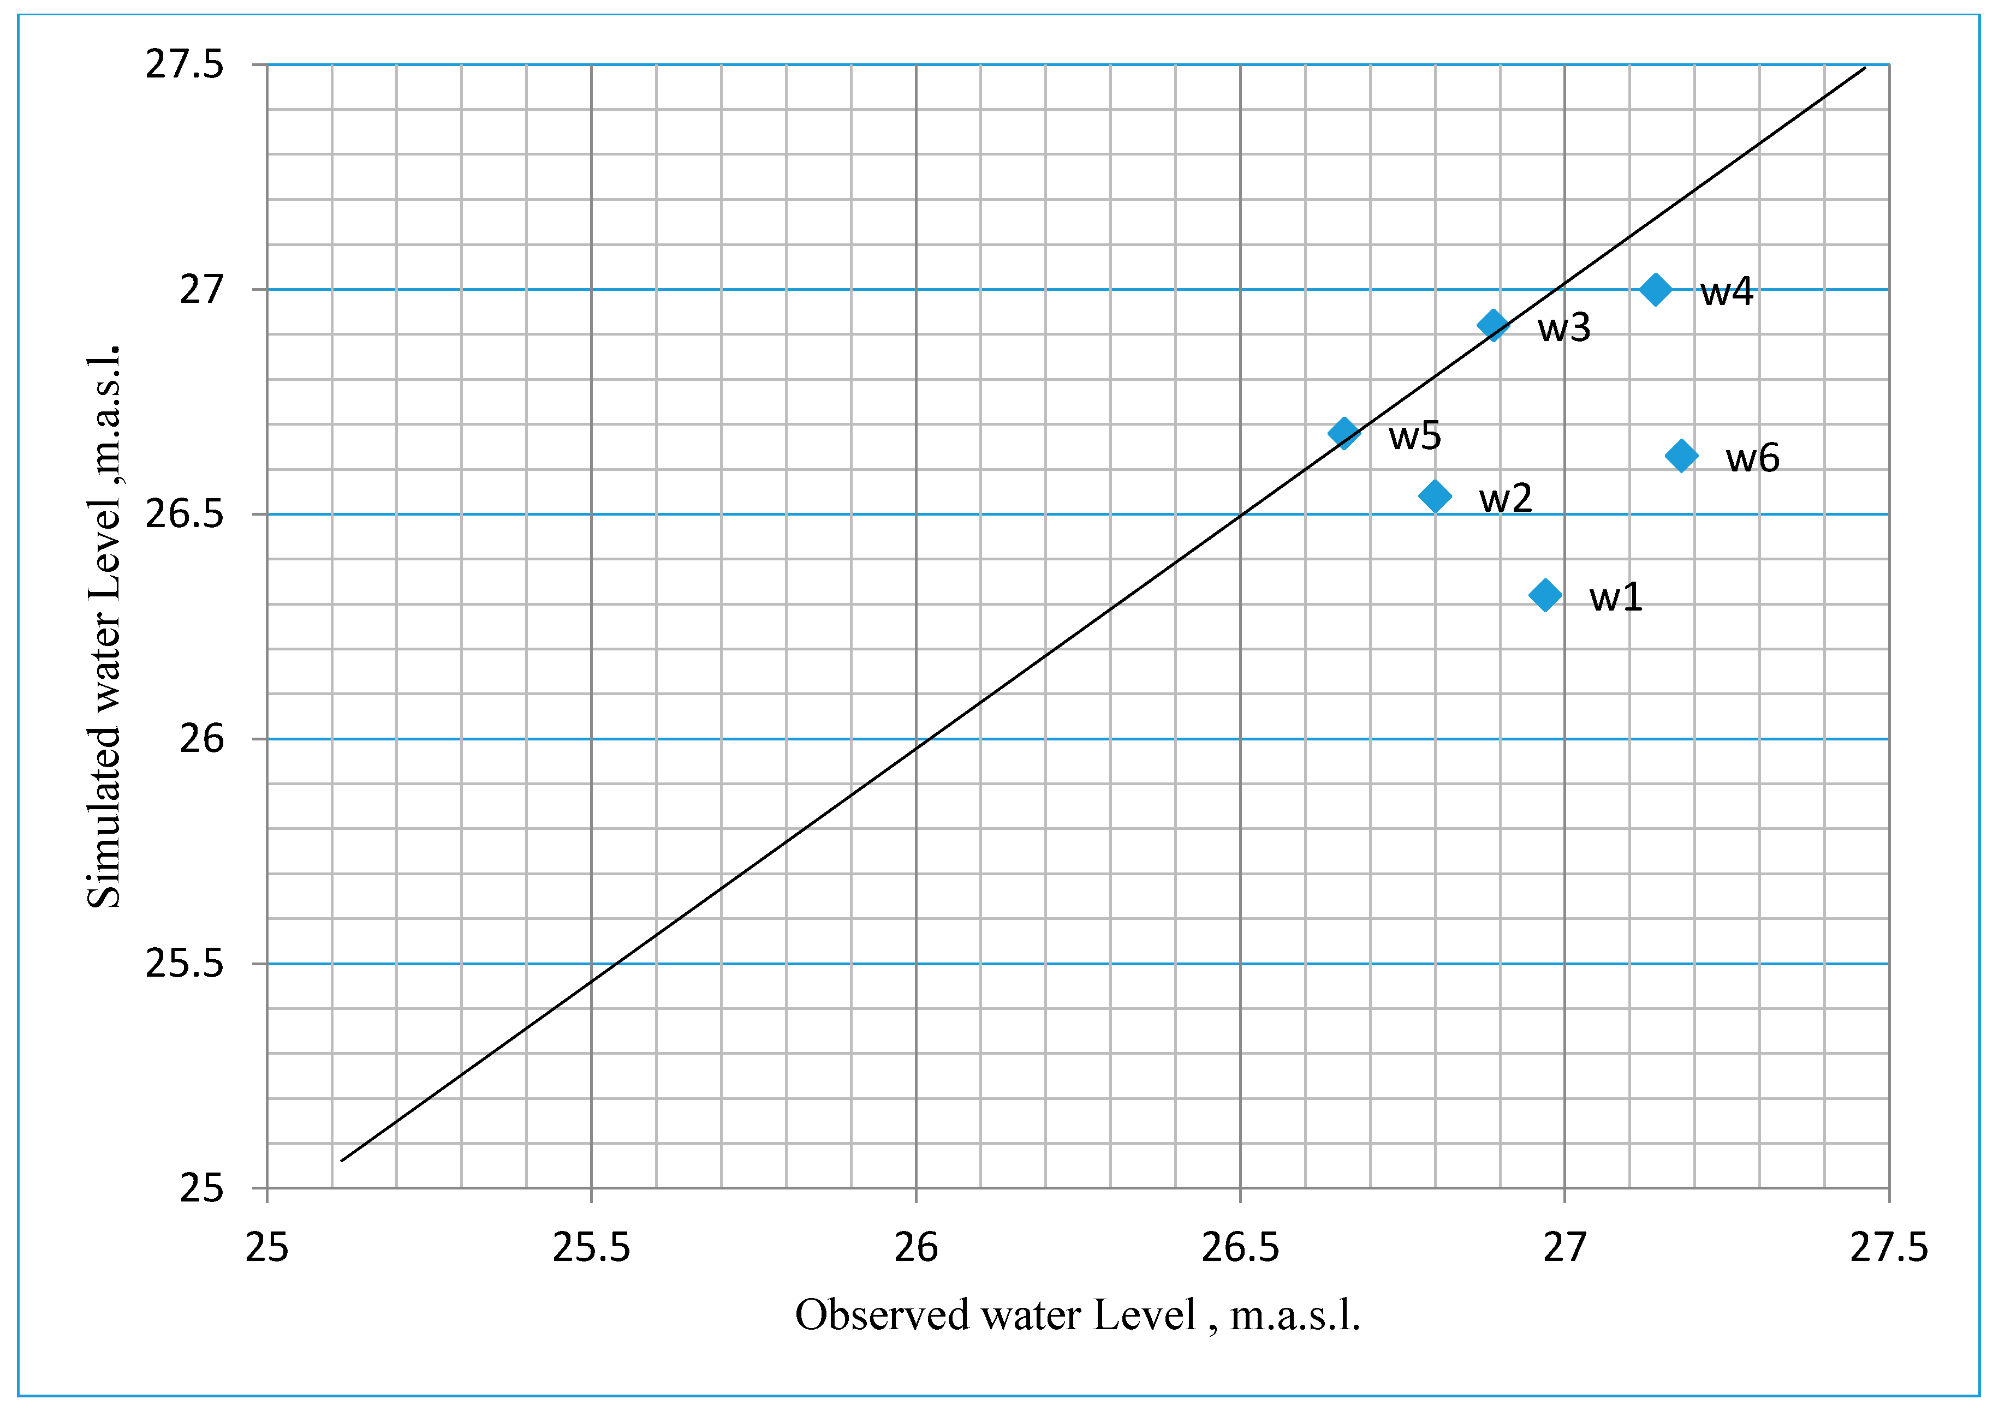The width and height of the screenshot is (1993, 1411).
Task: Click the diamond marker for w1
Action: click(1544, 595)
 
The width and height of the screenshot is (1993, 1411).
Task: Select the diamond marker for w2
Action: click(1435, 496)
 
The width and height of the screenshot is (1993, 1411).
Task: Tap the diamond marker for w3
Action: click(1492, 326)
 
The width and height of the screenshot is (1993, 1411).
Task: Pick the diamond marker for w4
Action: click(1655, 289)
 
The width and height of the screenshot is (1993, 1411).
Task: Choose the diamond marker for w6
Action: click(1681, 455)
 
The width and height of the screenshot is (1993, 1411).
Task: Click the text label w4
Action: click(1726, 292)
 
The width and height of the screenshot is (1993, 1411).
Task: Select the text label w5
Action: click(1414, 436)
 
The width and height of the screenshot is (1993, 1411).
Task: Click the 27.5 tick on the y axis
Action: click(185, 64)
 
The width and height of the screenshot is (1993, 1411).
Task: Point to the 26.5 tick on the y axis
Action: click(185, 515)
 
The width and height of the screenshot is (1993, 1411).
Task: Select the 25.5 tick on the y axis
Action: click(185, 964)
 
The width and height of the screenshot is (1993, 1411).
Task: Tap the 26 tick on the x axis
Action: click(916, 1248)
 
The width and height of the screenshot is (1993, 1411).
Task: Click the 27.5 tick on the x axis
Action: click(1889, 1248)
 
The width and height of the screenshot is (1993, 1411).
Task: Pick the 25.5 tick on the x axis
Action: click(591, 1248)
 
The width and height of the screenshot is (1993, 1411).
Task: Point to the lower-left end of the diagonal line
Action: click(342, 1161)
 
